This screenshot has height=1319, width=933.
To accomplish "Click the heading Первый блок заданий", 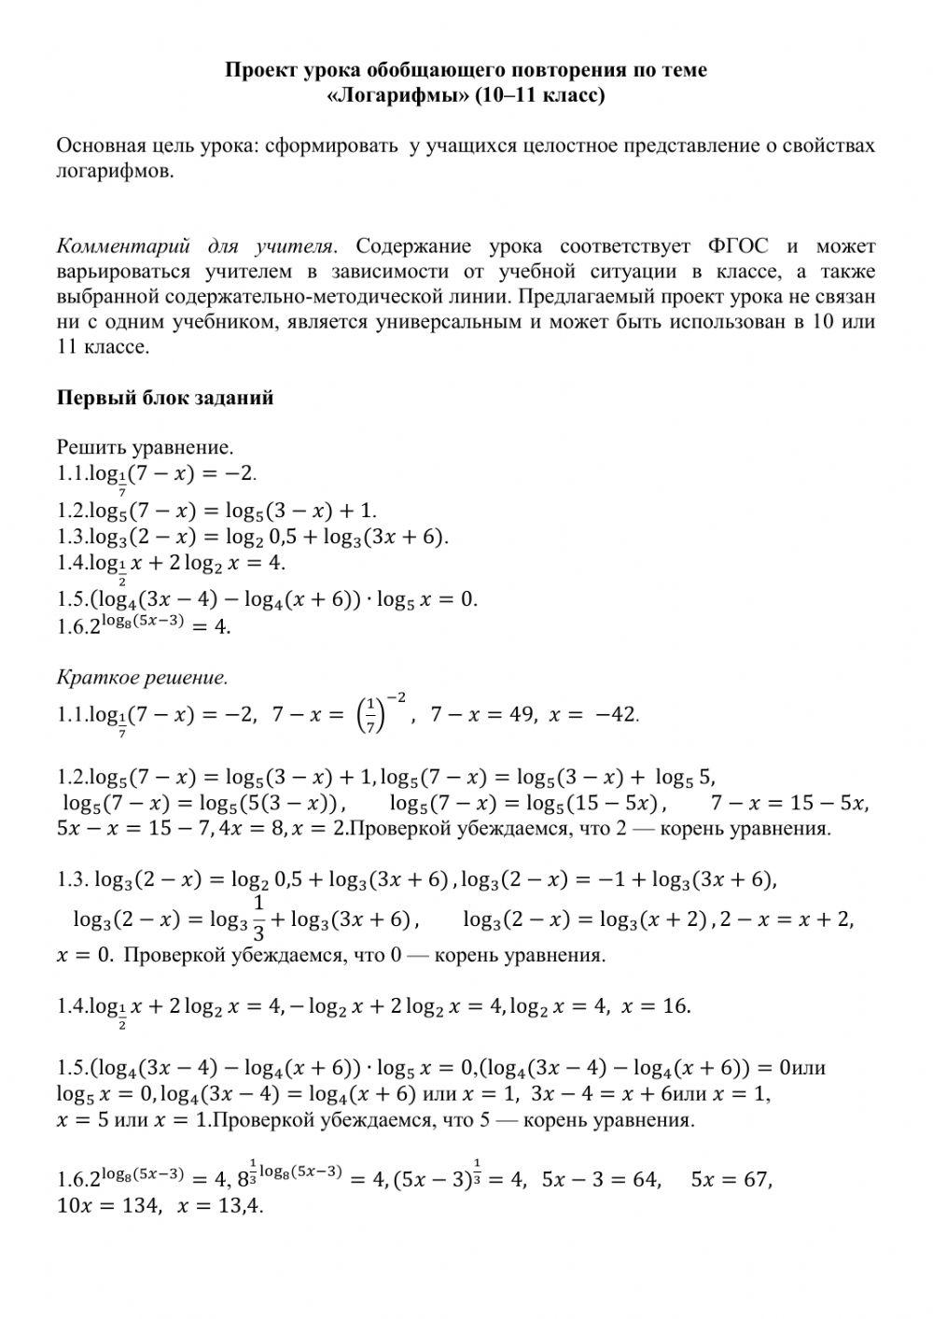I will [x=165, y=398].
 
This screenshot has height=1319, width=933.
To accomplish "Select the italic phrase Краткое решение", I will [x=142, y=677].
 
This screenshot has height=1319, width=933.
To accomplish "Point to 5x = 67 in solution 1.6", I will [x=731, y=1180].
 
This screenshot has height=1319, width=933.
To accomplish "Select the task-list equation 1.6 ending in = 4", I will [x=145, y=625].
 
